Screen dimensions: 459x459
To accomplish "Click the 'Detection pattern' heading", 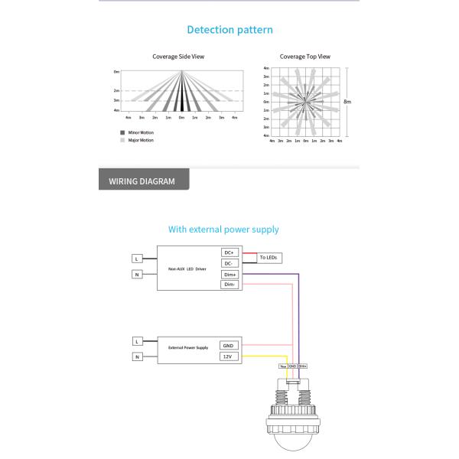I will (229, 30).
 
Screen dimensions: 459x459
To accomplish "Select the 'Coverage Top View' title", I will (304, 57).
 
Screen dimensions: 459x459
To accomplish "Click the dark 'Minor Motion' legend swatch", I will (122, 133).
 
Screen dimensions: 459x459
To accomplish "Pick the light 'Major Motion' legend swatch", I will (122, 140).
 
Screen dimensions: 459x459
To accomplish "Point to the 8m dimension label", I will (347, 101).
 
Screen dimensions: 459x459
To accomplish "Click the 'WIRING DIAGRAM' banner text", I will (142, 182).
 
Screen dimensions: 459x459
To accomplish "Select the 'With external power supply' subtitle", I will (223, 229).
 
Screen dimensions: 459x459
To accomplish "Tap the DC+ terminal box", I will (229, 252).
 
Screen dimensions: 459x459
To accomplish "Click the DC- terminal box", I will (229, 263).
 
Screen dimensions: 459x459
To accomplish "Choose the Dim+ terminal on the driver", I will (229, 274).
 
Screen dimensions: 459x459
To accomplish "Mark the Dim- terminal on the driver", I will (229, 285).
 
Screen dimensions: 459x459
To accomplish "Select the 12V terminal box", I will (227, 356).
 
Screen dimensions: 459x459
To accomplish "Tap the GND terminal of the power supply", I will (227, 346).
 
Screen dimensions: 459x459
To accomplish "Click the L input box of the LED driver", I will (137, 257).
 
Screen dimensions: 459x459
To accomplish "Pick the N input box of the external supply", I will (137, 356).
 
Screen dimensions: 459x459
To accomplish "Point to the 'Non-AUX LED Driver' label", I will (187, 269).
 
